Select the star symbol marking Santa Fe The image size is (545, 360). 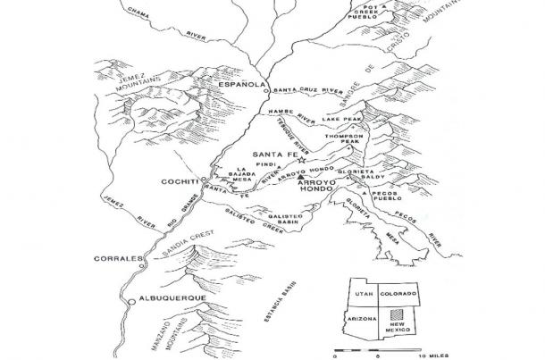[302, 161]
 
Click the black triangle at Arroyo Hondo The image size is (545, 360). [300, 180]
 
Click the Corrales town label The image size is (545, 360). [118, 259]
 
